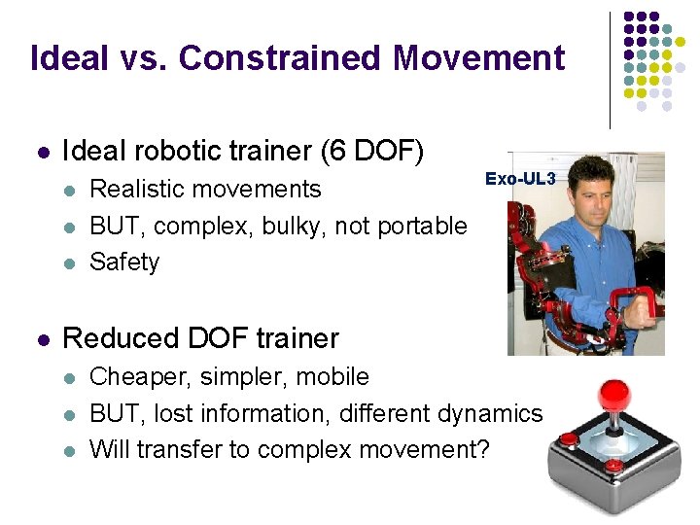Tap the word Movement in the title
(x=477, y=58)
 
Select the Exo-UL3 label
(x=520, y=180)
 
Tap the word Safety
(x=124, y=262)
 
